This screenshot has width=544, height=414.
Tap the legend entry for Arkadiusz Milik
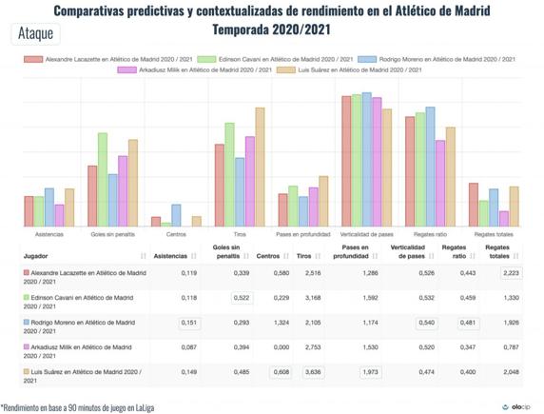pyautogui.click(x=199, y=69)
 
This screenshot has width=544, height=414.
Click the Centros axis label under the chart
pyautogui.click(x=176, y=234)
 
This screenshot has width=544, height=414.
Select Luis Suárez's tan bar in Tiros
pyautogui.click(x=260, y=167)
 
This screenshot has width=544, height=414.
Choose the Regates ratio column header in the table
pyautogui.click(x=454, y=252)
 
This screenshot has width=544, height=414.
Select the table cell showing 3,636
pyautogui.click(x=310, y=372)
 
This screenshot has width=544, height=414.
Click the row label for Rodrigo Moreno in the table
pyautogui.click(x=86, y=323)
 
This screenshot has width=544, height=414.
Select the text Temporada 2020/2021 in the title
pyautogui.click(x=271, y=29)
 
